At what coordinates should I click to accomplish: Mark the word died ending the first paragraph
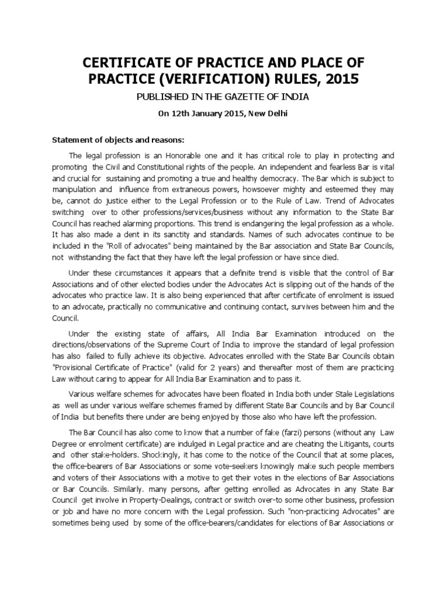pyautogui.click(x=305, y=257)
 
